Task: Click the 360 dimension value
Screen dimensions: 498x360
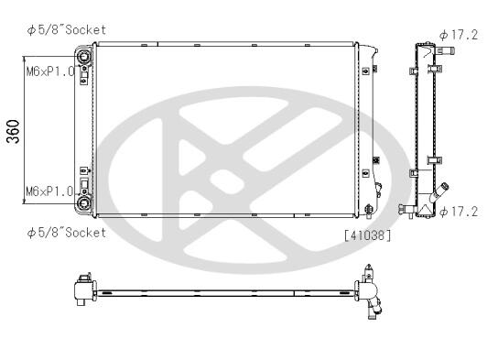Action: [14, 131]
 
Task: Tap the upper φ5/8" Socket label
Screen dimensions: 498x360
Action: [67, 30]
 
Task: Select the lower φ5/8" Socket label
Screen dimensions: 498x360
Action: [67, 233]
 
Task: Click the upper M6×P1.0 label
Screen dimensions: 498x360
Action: [50, 71]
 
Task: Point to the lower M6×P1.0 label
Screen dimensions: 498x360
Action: [49, 191]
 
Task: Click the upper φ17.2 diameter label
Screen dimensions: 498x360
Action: [459, 35]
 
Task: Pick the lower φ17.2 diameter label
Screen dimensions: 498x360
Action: [459, 212]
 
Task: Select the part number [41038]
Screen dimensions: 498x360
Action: [367, 235]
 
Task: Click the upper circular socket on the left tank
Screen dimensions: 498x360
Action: [84, 57]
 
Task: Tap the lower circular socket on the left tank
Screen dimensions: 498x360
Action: [84, 202]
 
